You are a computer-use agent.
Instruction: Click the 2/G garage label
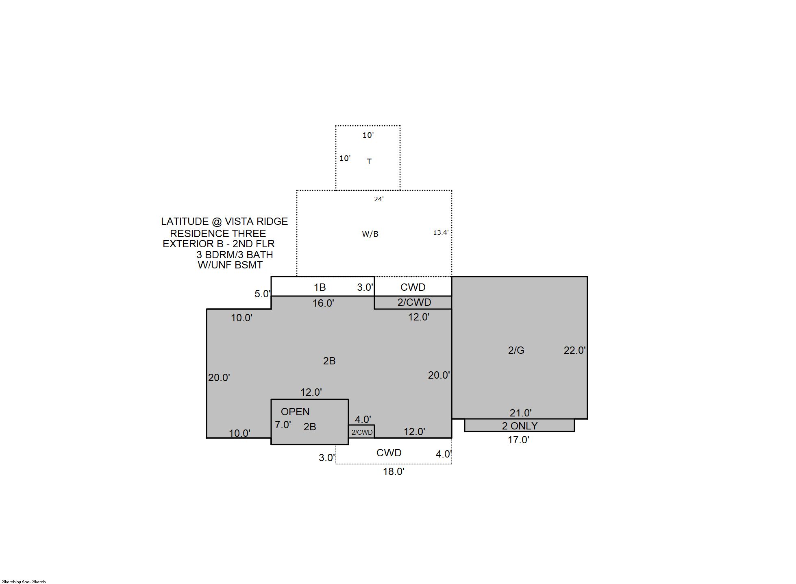click(516, 350)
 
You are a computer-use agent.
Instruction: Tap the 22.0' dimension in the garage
click(574, 350)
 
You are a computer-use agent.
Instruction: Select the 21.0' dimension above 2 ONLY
click(520, 413)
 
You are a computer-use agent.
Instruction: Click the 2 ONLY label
click(520, 426)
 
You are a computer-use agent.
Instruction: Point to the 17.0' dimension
click(518, 440)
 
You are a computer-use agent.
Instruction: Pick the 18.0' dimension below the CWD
click(394, 471)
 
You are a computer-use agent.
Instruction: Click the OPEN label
click(295, 412)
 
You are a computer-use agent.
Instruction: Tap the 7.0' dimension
click(283, 425)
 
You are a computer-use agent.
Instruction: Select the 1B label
click(320, 288)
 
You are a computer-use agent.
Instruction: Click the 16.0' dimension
click(323, 303)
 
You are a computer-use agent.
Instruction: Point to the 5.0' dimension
click(263, 294)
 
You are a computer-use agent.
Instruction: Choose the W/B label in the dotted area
click(370, 234)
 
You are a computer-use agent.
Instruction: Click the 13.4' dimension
click(441, 233)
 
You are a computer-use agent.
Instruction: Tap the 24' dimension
click(379, 199)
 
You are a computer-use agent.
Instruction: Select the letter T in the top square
click(369, 161)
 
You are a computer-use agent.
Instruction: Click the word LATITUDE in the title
click(185, 222)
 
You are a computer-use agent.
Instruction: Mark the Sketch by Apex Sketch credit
click(24, 582)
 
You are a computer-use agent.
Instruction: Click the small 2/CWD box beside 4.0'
click(362, 432)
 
